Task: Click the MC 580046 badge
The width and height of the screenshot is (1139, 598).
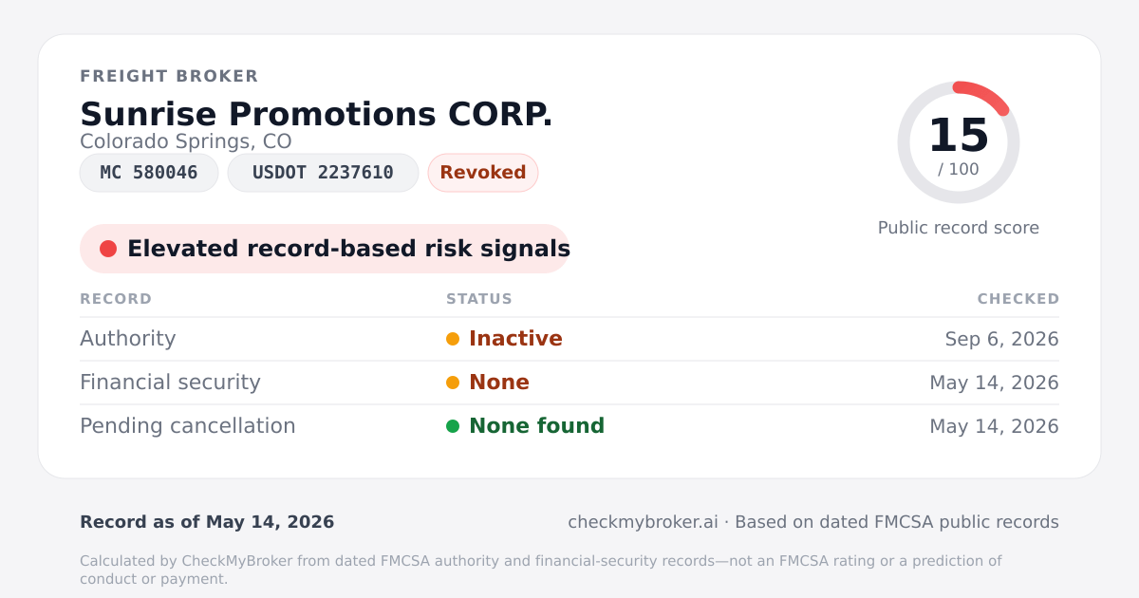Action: [x=149, y=173]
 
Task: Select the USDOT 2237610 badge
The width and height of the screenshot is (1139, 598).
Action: [x=323, y=173]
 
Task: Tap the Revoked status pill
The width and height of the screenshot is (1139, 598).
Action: [x=483, y=173]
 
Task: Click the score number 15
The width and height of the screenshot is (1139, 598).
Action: [x=959, y=135]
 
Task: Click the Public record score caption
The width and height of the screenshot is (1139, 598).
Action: [x=959, y=228]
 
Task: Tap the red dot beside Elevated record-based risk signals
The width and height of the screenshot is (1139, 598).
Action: [x=108, y=249]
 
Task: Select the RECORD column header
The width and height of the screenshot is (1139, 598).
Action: [x=116, y=298]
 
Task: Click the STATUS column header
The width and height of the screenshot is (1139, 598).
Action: [x=479, y=298]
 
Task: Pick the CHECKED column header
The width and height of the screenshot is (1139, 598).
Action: [x=1018, y=298]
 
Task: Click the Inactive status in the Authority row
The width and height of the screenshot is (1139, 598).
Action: [x=515, y=339]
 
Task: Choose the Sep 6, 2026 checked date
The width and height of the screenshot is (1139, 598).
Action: [x=1001, y=339]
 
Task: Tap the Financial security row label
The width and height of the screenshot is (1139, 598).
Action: [x=170, y=383]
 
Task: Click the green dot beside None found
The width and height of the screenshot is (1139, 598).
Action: [x=453, y=426]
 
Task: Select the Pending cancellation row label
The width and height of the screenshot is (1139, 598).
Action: [x=188, y=426]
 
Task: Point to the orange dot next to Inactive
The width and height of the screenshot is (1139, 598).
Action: [x=453, y=339]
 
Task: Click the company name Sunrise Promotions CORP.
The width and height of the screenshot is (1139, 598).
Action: [x=316, y=114]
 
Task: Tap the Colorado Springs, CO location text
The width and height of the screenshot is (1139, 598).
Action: [x=186, y=141]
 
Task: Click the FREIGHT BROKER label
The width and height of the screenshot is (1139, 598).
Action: [x=169, y=76]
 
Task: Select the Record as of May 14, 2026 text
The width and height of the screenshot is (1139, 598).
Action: [x=207, y=522]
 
